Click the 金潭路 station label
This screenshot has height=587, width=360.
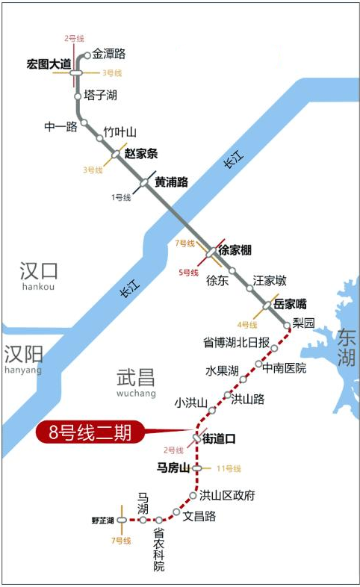109,54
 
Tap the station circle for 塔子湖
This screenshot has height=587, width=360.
78,96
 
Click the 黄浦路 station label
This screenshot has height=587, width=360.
171,181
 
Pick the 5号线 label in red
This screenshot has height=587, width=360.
188,273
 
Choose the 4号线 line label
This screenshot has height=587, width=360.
247,325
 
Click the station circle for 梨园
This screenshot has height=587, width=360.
288,326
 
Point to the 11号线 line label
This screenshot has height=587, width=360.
229,468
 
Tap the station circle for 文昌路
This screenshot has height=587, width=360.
176,512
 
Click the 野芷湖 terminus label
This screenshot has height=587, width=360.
103,520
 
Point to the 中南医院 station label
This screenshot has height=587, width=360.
286,367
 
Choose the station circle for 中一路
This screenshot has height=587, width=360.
84,123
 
